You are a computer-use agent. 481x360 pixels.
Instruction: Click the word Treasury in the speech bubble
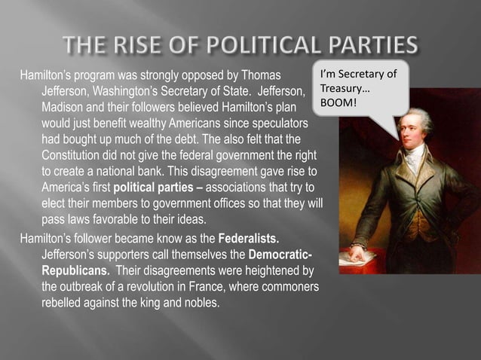[343, 87]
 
